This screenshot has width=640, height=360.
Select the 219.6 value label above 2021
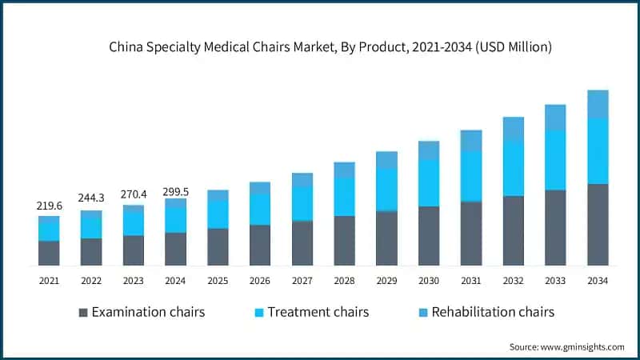[49, 206]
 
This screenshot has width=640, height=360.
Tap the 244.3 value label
[91, 198]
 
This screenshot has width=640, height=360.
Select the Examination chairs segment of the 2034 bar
[598, 225]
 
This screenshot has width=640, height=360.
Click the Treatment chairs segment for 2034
[598, 151]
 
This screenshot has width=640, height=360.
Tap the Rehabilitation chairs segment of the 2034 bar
[598, 104]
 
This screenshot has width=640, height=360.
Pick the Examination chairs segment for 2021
[49, 253]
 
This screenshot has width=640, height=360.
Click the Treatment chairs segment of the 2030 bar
[429, 182]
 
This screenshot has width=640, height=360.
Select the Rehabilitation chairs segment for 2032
[514, 129]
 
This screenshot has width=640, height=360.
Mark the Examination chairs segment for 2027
[302, 243]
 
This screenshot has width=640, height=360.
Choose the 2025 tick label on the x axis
[218, 281]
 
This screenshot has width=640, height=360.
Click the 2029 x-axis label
[386, 281]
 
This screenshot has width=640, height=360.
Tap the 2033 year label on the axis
[555, 281]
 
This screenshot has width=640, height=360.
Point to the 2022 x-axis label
[91, 281]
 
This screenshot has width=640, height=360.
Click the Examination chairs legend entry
[141, 312]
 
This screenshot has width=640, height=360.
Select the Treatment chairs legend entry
[309, 312]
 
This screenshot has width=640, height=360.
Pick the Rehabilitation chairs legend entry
[486, 312]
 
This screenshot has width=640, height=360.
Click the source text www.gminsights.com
[567, 346]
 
